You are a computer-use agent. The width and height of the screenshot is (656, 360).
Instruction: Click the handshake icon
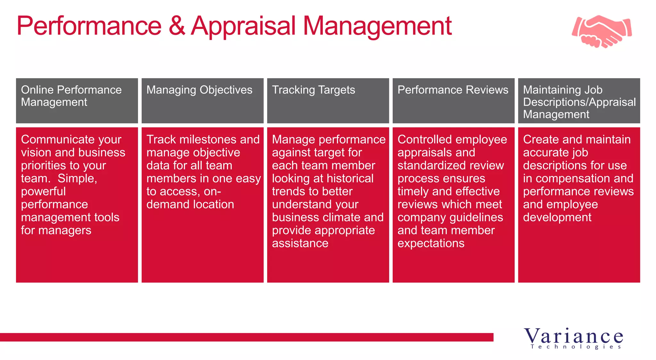[602, 31]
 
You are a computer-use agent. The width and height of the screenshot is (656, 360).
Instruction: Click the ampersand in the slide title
[176, 26]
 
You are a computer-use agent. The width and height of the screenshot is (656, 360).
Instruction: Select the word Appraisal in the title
[243, 27]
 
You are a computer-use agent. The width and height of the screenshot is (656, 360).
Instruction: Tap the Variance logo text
[573, 336]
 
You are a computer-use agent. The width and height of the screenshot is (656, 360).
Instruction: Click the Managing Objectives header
[199, 90]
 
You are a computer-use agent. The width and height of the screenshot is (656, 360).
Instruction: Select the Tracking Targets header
[313, 90]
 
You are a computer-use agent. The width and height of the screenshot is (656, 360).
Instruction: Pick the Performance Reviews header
[453, 90]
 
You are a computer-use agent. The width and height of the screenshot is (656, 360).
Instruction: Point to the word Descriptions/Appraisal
[579, 102]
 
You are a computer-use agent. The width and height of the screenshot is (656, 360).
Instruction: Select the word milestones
[208, 140]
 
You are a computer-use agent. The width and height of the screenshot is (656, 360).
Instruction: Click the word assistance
[300, 243]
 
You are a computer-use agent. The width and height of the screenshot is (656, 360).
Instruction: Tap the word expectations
[431, 243]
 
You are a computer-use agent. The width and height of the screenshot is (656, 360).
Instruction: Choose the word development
[557, 217]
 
